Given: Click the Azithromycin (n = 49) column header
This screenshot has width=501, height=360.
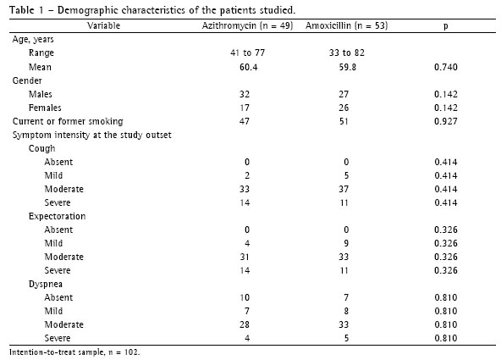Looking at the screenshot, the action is tap(247, 25).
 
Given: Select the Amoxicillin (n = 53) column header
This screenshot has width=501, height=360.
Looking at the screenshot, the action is tap(347, 25).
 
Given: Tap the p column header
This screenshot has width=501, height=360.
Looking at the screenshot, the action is tap(446, 26).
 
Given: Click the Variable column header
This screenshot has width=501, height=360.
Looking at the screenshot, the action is tap(104, 25).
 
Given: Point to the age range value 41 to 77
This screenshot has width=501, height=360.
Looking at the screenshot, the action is tap(248, 53).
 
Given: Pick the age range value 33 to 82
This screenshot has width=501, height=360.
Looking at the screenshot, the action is tap(347, 53).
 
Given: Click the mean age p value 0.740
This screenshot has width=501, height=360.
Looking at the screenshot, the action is tap(446, 67).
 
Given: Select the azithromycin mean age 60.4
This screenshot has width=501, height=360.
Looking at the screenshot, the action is tap(248, 67).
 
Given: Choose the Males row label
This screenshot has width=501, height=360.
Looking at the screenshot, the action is tap(41, 94).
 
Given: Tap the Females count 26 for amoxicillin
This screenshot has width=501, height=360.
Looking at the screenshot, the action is tap(344, 108).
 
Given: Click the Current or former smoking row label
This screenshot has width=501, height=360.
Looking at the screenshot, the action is tap(68, 121).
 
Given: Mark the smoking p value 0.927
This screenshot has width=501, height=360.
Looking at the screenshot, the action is tap(446, 121).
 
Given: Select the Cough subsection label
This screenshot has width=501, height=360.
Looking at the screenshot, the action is tap(41, 149).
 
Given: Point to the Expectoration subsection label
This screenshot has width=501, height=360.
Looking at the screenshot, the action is tap(58, 217).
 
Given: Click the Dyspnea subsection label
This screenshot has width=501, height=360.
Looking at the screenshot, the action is tap(46, 285).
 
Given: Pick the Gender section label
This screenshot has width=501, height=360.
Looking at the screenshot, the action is tap(27, 80).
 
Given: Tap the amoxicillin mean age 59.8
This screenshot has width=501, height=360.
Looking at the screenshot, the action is tap(347, 67).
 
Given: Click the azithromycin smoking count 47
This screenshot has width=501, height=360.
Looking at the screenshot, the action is tap(245, 121).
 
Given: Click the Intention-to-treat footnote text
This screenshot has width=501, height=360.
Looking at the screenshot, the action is tap(74, 352).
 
